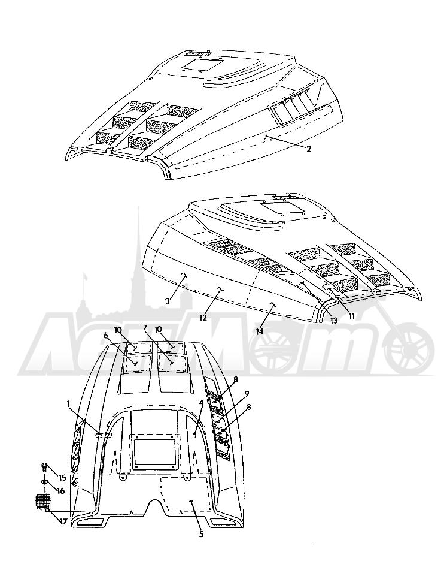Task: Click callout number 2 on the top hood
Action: tap(308, 149)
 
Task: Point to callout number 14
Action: tap(260, 331)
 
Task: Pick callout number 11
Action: tap(351, 316)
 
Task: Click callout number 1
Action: tap(68, 403)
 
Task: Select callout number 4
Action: tap(201, 403)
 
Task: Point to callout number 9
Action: tap(247, 394)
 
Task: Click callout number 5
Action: tap(201, 535)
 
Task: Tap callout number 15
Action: tap(62, 477)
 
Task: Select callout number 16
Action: tap(60, 491)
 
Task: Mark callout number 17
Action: tap(63, 521)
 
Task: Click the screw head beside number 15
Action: tap(44, 466)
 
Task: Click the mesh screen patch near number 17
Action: tap(43, 502)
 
